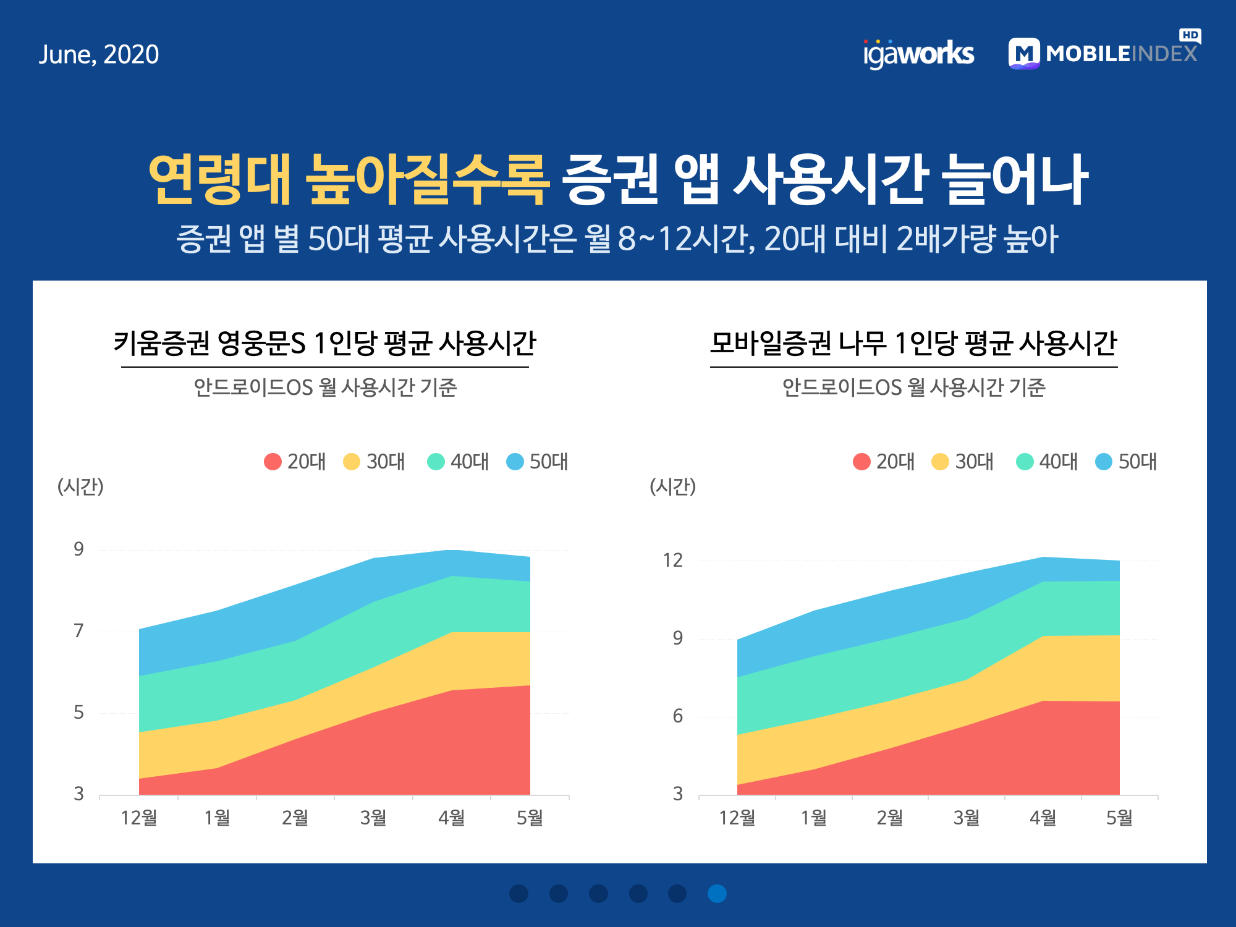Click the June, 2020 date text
(99, 55)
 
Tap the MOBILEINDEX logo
(1103, 53)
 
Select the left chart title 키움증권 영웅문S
(324, 343)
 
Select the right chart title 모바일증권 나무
(913, 343)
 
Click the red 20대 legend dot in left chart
(273, 462)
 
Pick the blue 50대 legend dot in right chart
(1104, 462)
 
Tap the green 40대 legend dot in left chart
(436, 462)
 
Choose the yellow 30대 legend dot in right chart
(940, 462)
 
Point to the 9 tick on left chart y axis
(78, 549)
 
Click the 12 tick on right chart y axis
(672, 560)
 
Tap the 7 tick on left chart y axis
(78, 630)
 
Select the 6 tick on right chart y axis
(678, 716)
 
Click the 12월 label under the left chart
(139, 818)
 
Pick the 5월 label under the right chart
(1119, 818)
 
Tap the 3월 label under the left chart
(373, 818)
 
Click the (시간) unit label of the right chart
(672, 487)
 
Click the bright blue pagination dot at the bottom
(717, 894)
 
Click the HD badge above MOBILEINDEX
(1190, 35)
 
